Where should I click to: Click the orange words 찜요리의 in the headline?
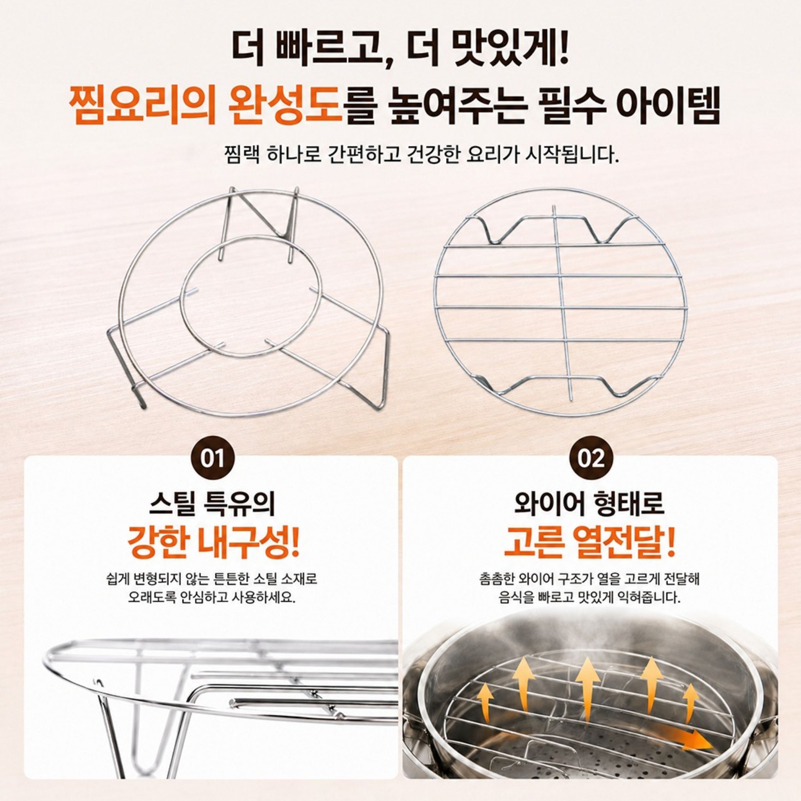point(142,105)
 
